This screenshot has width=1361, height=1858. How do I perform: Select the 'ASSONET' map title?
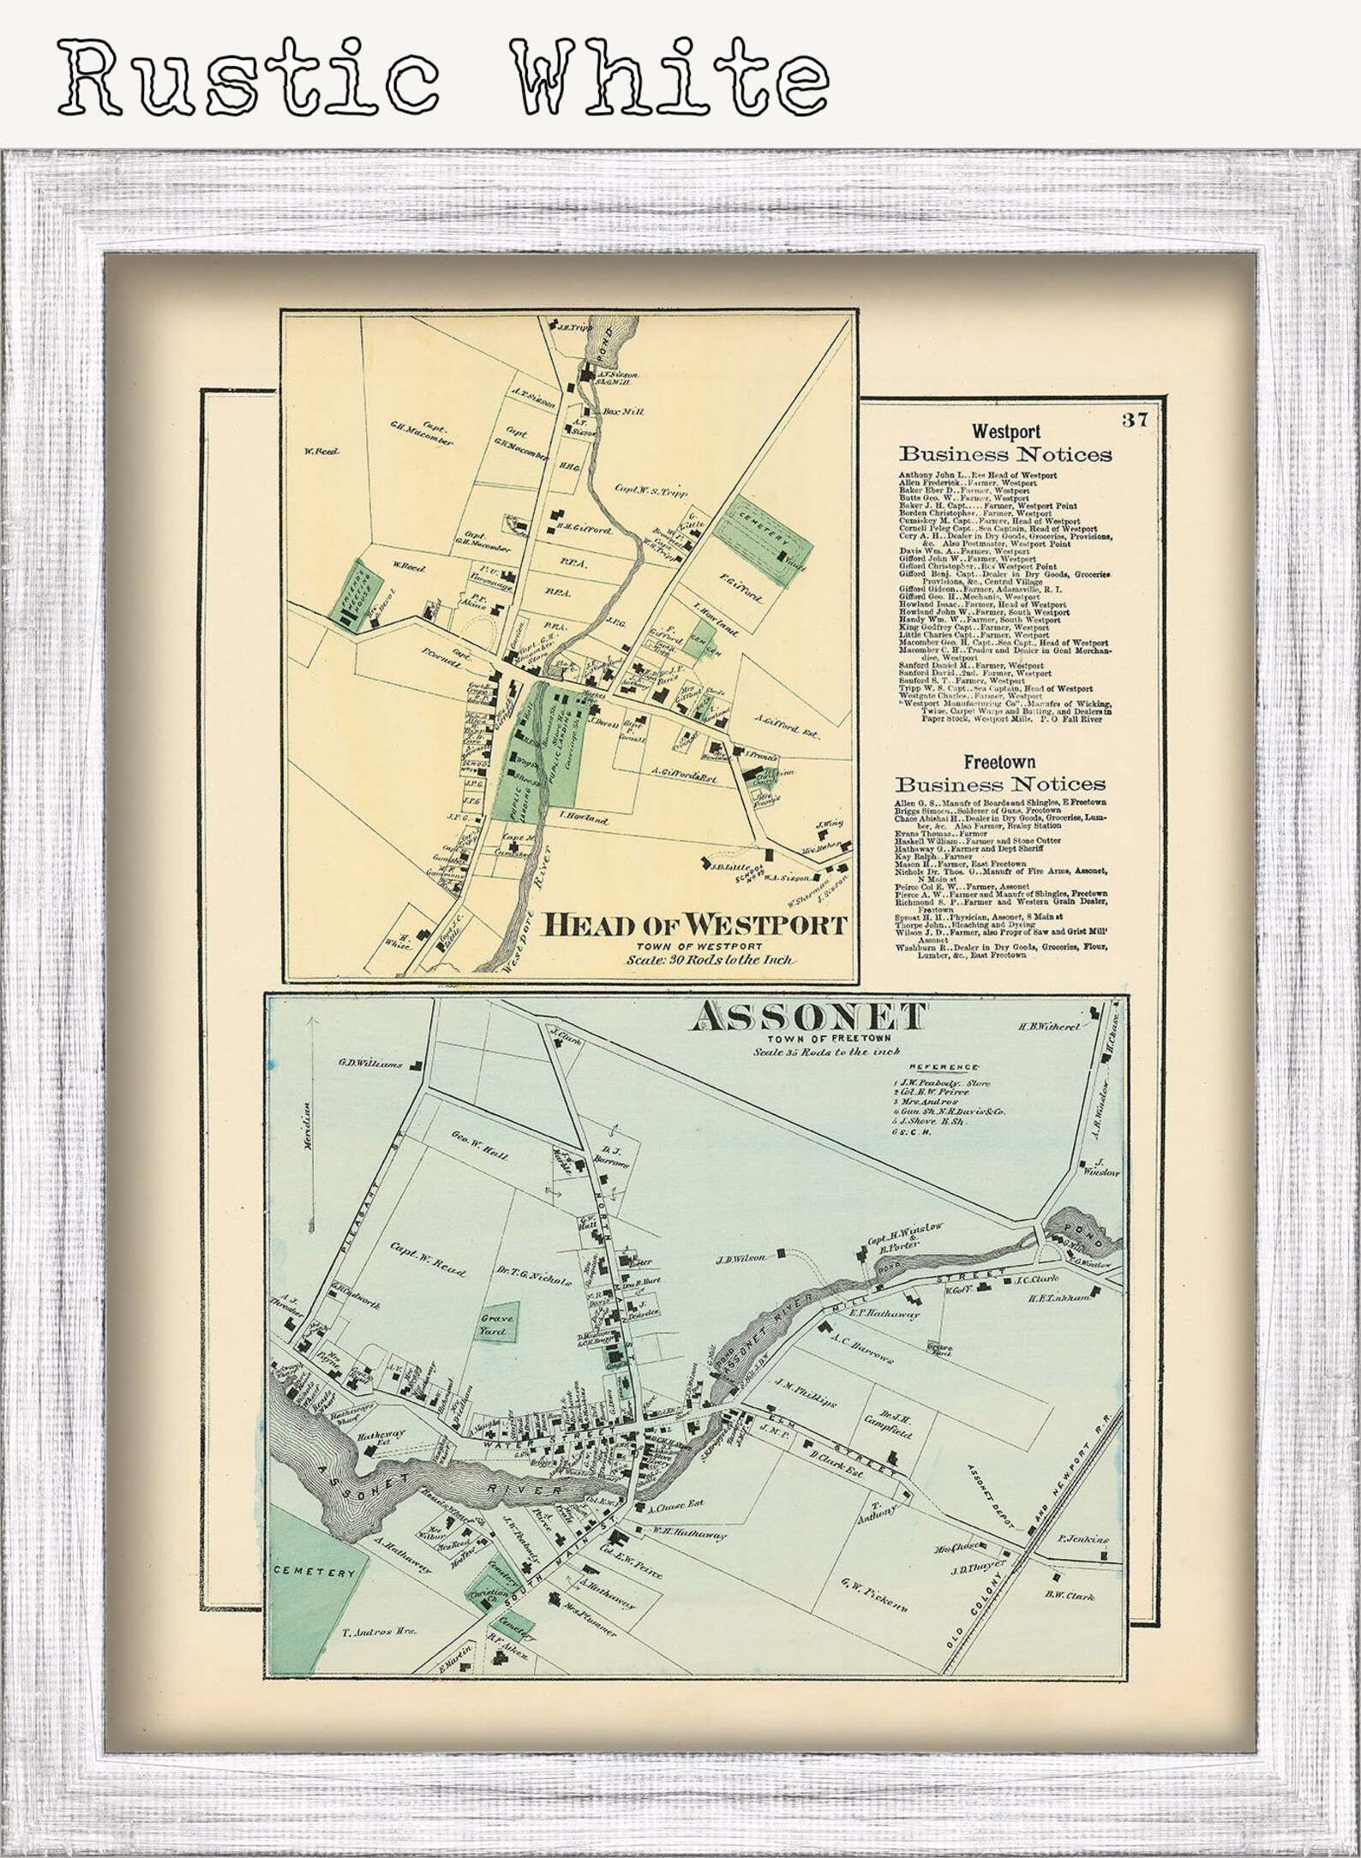click(811, 1017)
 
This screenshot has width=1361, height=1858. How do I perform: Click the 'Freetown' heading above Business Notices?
click(999, 760)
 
